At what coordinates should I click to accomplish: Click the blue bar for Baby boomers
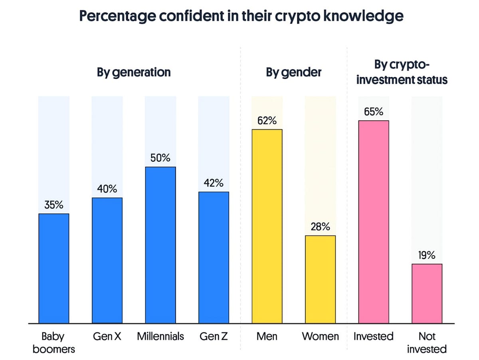click(54, 268)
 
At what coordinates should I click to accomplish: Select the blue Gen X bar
click(107, 260)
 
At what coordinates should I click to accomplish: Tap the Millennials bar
click(160, 245)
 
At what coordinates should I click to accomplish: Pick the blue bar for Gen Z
click(214, 257)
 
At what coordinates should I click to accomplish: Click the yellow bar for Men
click(267, 226)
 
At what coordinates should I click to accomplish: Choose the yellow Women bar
click(320, 279)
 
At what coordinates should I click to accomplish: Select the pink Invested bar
click(374, 222)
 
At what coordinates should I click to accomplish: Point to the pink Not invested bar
click(427, 293)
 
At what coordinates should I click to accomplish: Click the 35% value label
click(54, 205)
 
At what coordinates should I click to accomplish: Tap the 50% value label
click(160, 158)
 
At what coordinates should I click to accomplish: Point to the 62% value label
click(267, 121)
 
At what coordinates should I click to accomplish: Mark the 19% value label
click(427, 255)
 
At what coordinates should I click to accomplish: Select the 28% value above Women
click(320, 227)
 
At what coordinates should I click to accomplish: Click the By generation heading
click(134, 72)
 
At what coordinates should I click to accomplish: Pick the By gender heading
click(294, 72)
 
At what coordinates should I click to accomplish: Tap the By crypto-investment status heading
click(402, 72)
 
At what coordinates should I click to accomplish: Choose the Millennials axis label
click(160, 336)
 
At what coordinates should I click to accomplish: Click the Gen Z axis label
click(214, 336)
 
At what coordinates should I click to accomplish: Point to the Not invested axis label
click(427, 342)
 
